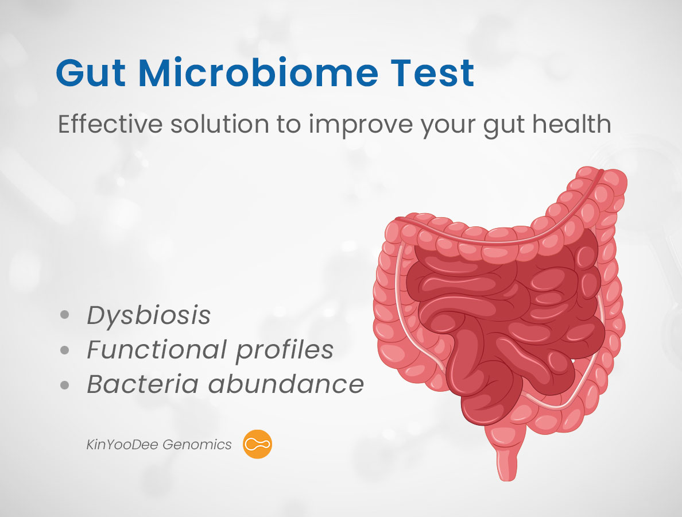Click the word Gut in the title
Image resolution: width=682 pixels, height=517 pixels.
[91, 73]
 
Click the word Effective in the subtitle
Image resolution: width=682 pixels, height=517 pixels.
[110, 124]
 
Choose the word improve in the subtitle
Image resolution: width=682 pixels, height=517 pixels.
[361, 126]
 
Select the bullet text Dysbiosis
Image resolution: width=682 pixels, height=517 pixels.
[149, 315]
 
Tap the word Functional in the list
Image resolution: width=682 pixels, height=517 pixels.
[157, 349]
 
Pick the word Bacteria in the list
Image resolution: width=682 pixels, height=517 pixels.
[143, 384]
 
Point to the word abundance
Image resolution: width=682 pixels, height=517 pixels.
[286, 384]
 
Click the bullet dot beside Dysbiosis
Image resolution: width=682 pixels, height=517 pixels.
[65, 315]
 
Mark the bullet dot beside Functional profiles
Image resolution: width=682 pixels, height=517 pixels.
[65, 350]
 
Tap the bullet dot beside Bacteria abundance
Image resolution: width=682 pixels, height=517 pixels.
[65, 385]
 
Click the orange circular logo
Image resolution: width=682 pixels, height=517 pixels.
[258, 444]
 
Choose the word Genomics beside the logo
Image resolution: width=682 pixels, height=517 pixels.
[197, 445]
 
